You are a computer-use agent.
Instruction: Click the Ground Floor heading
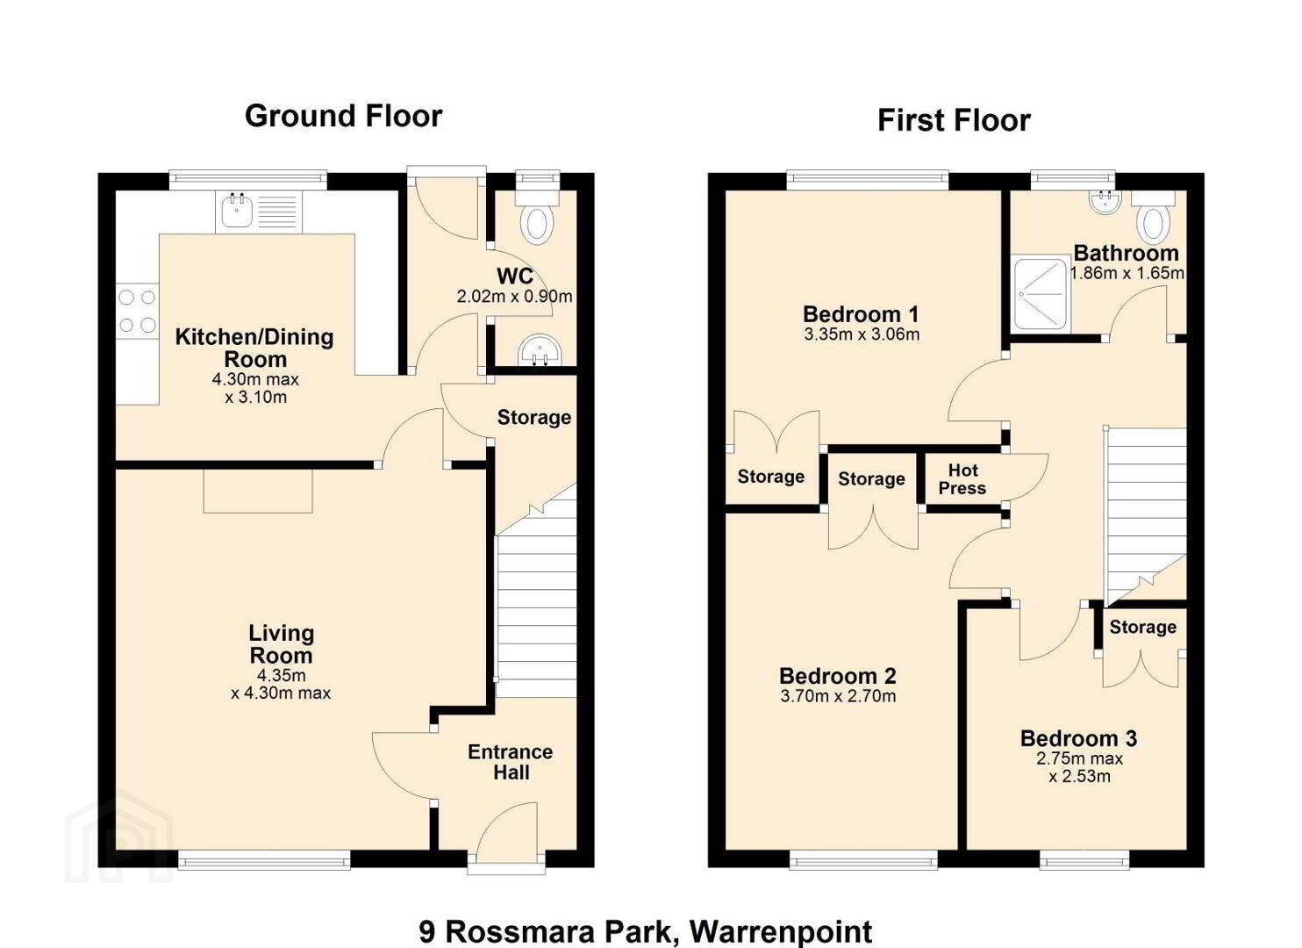[x=344, y=117]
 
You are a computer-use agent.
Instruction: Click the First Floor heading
[x=954, y=121]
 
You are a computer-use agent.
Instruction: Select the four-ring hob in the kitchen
[x=137, y=311]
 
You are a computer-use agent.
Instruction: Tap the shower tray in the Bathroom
[x=1041, y=294]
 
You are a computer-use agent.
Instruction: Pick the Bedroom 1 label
[x=861, y=314]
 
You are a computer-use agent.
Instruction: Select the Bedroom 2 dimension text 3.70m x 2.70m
[x=838, y=696]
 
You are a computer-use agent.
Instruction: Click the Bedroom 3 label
[x=1079, y=738]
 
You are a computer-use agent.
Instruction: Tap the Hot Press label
[x=962, y=478]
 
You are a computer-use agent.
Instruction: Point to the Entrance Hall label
[x=511, y=762]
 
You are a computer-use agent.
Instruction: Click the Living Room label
[x=282, y=643]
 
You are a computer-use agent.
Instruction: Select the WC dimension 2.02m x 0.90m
[x=514, y=297]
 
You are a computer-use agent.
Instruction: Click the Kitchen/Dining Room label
[x=254, y=348]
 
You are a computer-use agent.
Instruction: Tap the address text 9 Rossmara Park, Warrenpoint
[x=646, y=931]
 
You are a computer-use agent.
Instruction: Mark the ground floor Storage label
[x=534, y=417]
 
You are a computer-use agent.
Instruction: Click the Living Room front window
[x=264, y=859]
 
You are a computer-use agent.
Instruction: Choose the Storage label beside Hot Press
[x=871, y=478]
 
